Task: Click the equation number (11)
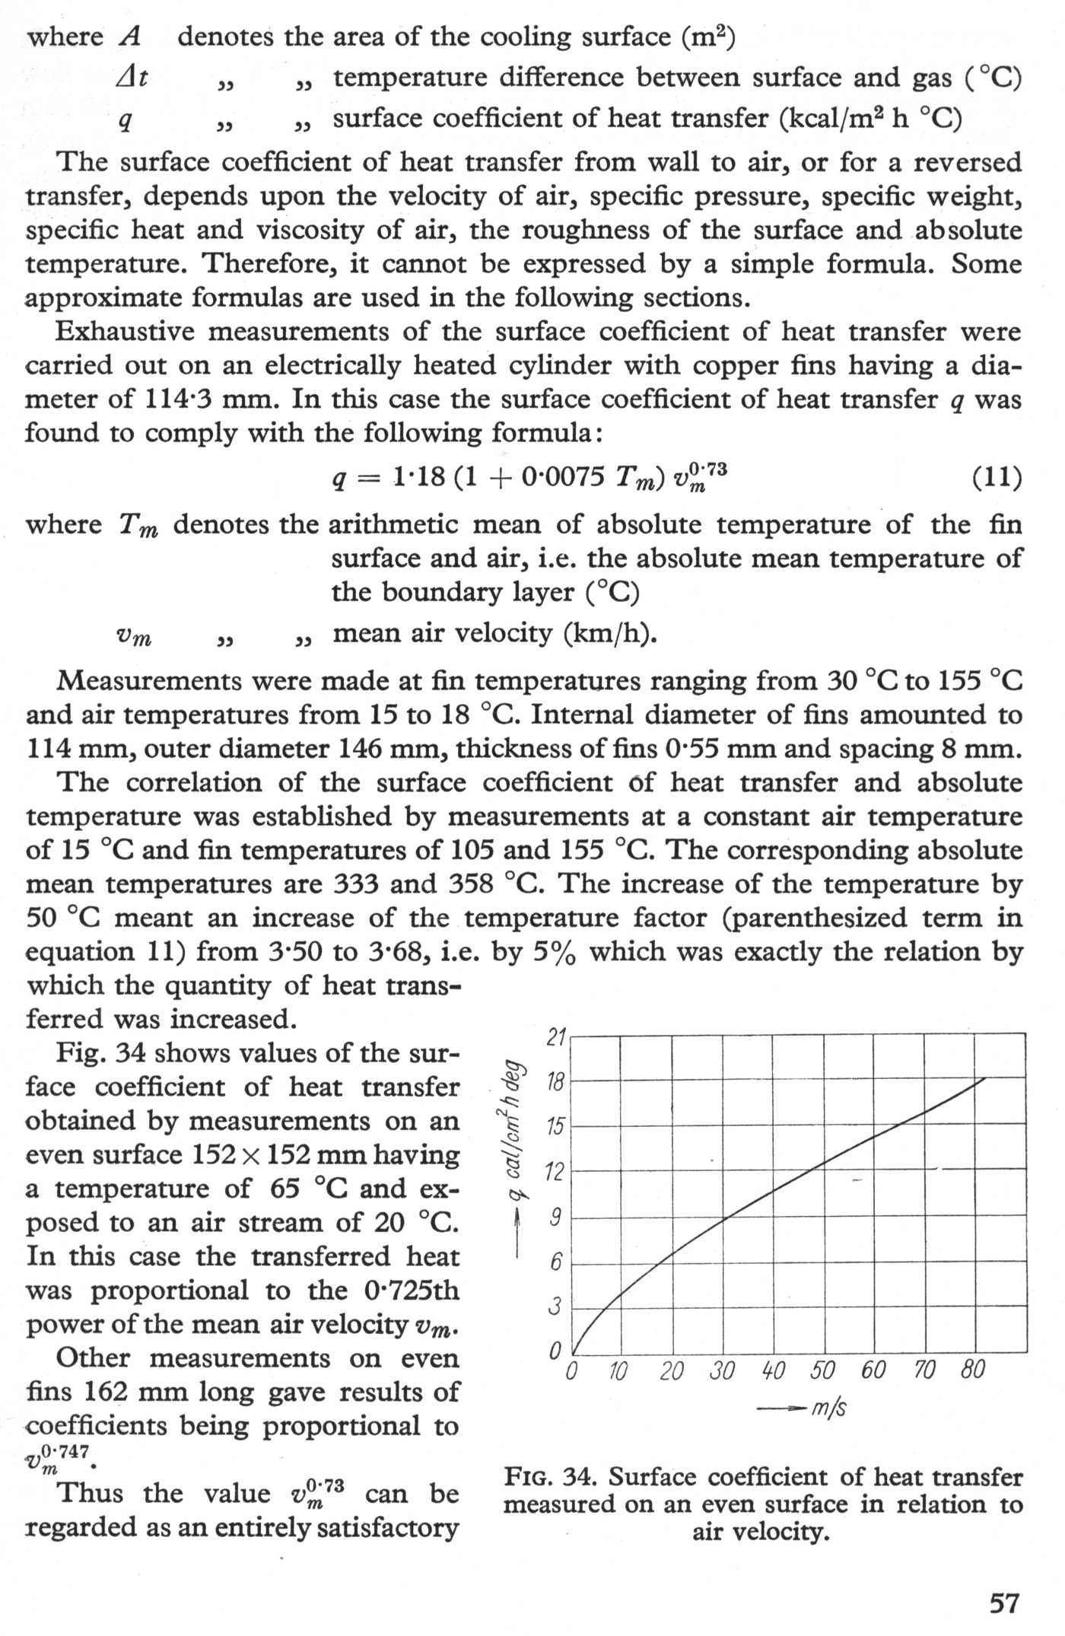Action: coord(997,478)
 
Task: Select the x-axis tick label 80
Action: coord(973,1370)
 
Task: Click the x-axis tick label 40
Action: coord(773,1370)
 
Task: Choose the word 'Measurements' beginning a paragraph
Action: coord(152,680)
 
